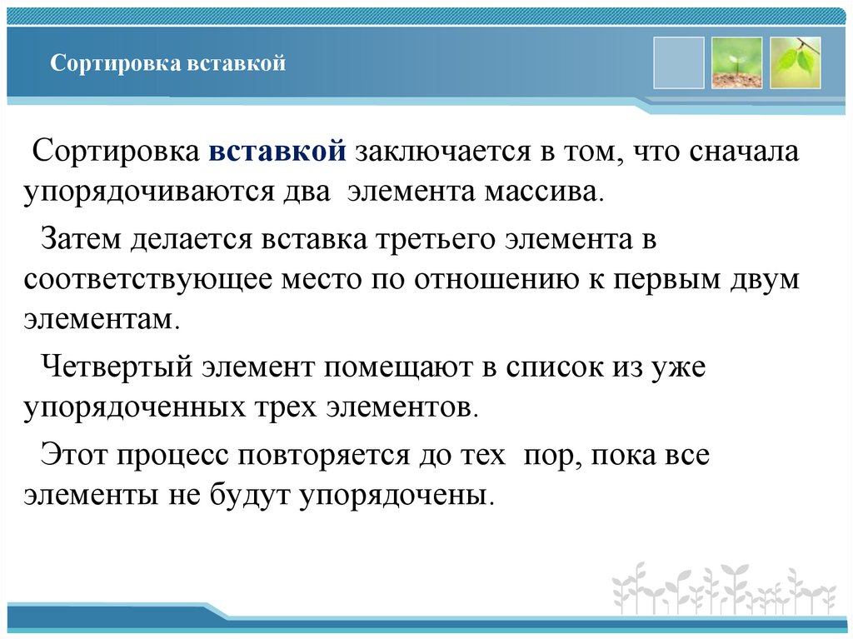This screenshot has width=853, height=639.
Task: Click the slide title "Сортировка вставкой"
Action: pyautogui.click(x=167, y=63)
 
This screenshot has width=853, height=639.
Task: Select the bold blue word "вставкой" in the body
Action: pyautogui.click(x=277, y=152)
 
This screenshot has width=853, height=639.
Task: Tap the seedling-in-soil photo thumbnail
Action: pyautogui.click(x=736, y=63)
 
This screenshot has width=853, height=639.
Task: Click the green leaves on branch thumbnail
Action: pyautogui.click(x=795, y=63)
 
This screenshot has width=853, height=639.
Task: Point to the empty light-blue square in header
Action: pyautogui.click(x=678, y=63)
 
